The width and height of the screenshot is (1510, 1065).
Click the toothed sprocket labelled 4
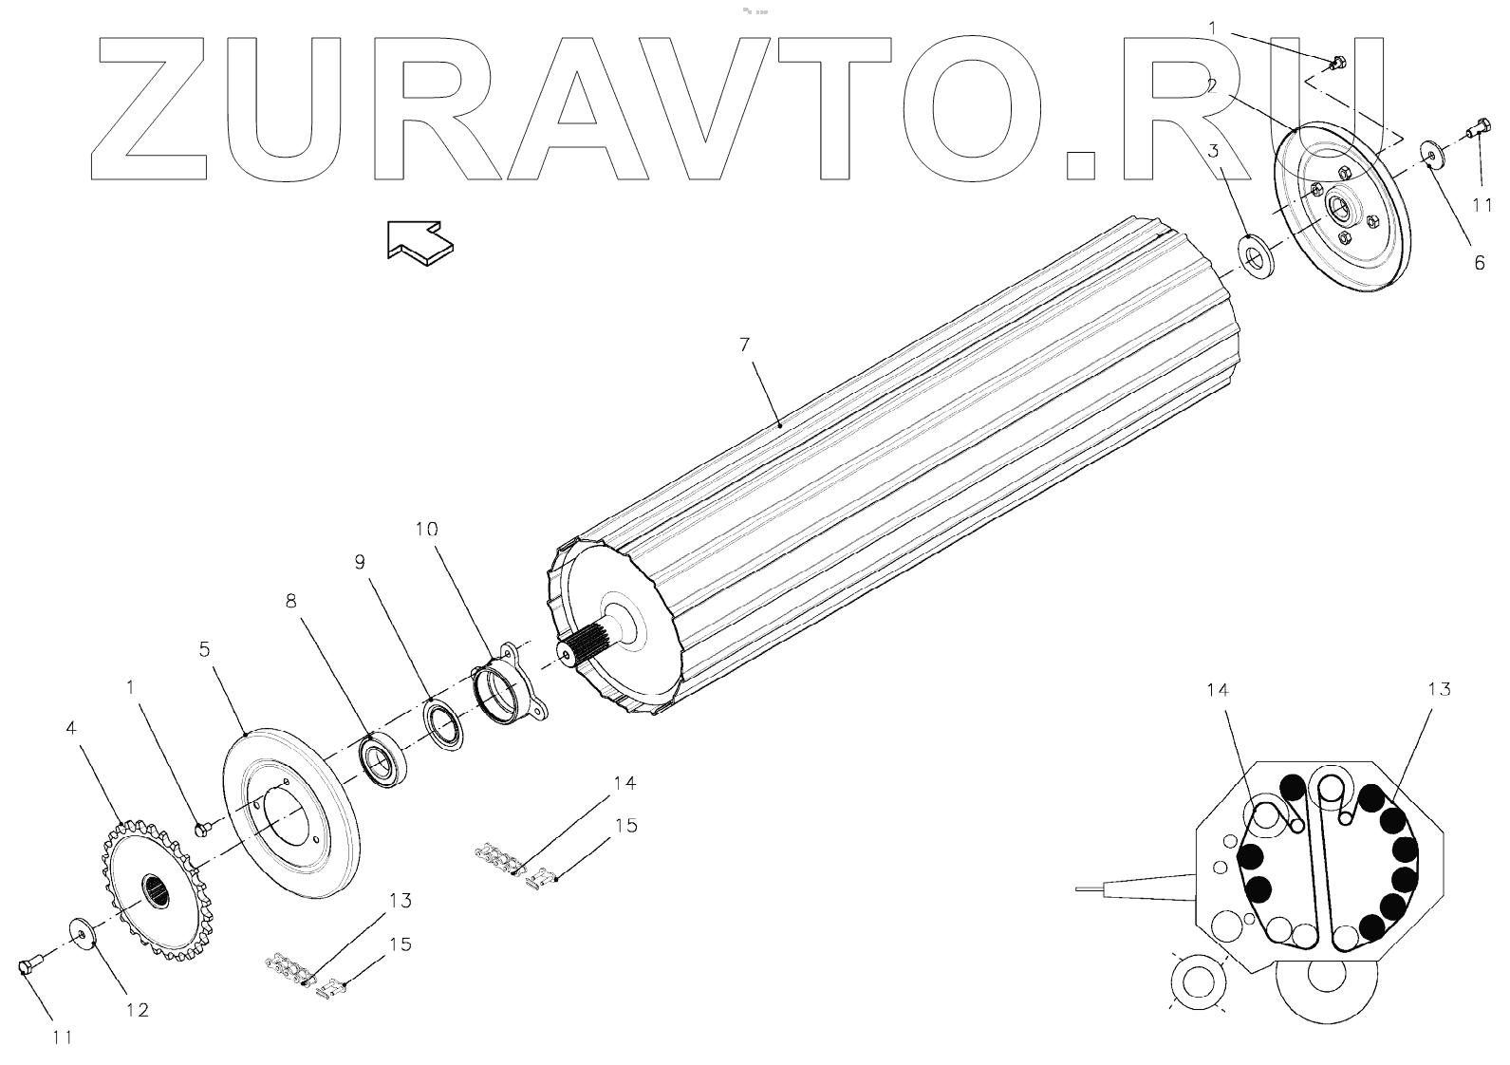pyautogui.click(x=157, y=890)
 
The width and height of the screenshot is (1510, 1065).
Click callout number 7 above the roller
pyautogui.click(x=745, y=344)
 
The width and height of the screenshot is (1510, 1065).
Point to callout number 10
pyautogui.click(x=426, y=530)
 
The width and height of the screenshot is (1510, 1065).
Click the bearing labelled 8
pyautogui.click(x=382, y=757)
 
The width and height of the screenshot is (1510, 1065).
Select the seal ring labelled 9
pyautogui.click(x=443, y=724)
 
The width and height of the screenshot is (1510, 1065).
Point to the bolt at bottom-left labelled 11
pyautogui.click(x=29, y=967)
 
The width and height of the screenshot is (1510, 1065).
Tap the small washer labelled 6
pyautogui.click(x=1429, y=153)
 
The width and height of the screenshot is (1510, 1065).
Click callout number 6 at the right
pyautogui.click(x=1479, y=263)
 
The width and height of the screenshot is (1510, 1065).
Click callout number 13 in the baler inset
pyautogui.click(x=1438, y=689)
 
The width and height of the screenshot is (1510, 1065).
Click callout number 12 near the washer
pyautogui.click(x=138, y=1010)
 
